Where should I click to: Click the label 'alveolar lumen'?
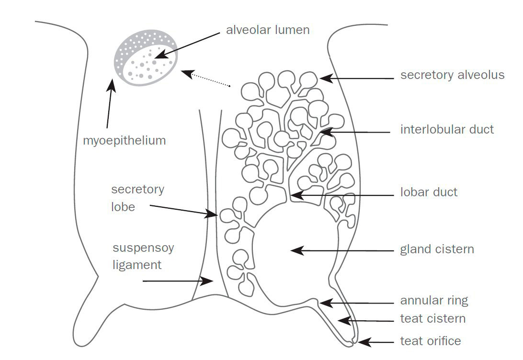(268, 30)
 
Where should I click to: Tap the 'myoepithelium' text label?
(124, 141)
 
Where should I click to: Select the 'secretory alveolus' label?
(452, 75)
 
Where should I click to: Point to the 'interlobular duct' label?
(447, 129)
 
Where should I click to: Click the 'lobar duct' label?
(429, 192)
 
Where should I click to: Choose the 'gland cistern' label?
(437, 249)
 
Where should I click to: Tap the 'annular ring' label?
(434, 301)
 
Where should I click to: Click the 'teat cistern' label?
(432, 319)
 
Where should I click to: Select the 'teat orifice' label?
(430, 341)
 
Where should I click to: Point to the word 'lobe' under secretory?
(123, 208)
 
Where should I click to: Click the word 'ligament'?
(137, 265)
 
